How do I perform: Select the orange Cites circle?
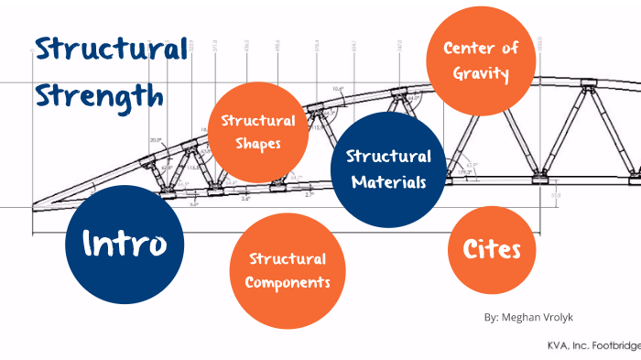[492, 248]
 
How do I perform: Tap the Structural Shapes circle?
[256, 132]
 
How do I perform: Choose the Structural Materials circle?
[387, 169]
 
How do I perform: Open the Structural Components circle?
[288, 271]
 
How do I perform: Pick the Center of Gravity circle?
[475, 60]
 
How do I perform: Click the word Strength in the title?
[101, 95]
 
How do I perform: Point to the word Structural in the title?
[110, 49]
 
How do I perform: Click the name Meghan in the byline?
[526, 316]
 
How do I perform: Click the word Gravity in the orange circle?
[475, 73]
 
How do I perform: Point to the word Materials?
[387, 181]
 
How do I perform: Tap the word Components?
[288, 282]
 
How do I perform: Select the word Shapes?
[256, 144]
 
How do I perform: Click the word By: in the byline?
[492, 316]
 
